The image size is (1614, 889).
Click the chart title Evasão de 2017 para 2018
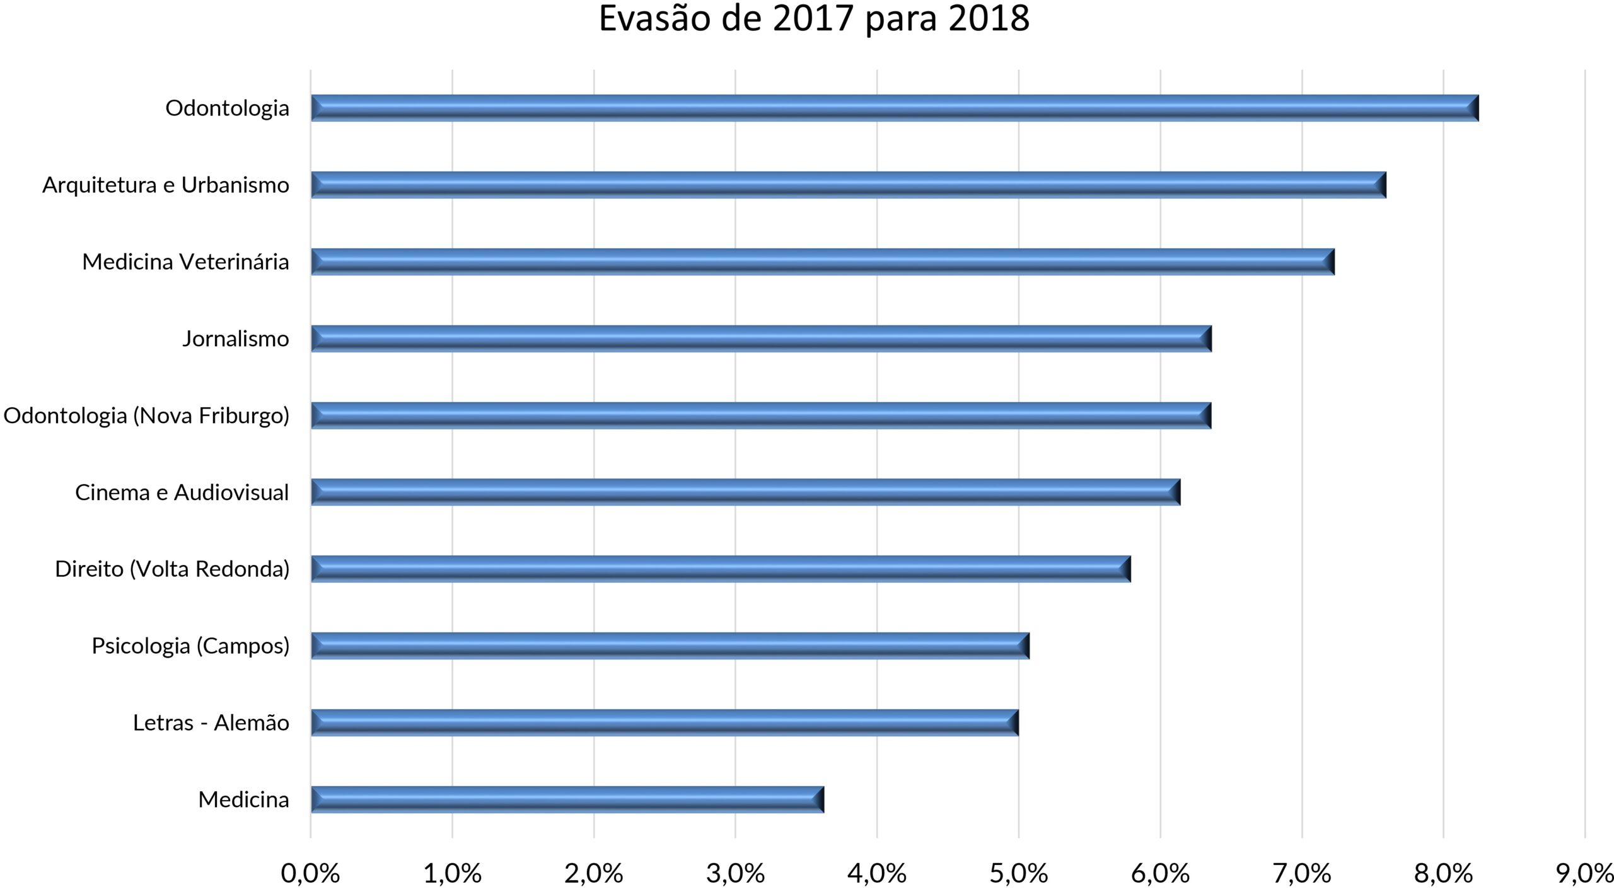click(813, 19)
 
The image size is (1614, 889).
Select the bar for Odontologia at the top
click(894, 108)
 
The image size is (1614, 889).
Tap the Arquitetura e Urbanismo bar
click(848, 185)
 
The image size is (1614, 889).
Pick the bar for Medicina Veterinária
click(822, 262)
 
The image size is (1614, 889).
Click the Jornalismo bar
click(761, 339)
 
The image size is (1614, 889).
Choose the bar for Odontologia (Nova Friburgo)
click(760, 415)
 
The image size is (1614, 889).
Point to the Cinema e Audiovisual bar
click(745, 492)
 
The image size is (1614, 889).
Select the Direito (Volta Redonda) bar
click(721, 569)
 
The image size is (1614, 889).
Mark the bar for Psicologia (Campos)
click(670, 646)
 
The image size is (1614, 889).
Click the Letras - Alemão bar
click(665, 723)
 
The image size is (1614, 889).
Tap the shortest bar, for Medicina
click(567, 799)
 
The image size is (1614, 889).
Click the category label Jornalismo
click(236, 339)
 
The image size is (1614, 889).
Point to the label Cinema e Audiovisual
click(182, 492)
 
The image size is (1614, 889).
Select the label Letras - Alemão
click(211, 723)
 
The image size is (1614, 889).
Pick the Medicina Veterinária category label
click(185, 262)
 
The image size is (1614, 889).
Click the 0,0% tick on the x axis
click(310, 874)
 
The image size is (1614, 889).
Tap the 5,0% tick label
click(1018, 874)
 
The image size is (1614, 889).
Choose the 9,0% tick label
click(1584, 874)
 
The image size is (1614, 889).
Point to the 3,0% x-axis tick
click(735, 874)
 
